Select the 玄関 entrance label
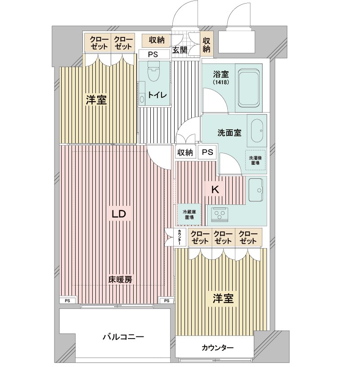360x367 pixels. [x=179, y=50]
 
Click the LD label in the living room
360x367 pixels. [x=119, y=214]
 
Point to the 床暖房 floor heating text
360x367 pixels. [x=120, y=280]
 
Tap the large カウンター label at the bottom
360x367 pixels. [x=217, y=348]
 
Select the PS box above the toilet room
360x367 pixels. [x=153, y=54]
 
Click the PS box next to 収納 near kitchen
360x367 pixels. [x=207, y=152]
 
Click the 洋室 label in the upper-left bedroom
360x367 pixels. [x=96, y=100]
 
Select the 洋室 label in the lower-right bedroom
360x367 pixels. [x=223, y=298]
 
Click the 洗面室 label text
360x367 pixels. [x=229, y=133]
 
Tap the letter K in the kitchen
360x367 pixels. [x=215, y=190]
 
